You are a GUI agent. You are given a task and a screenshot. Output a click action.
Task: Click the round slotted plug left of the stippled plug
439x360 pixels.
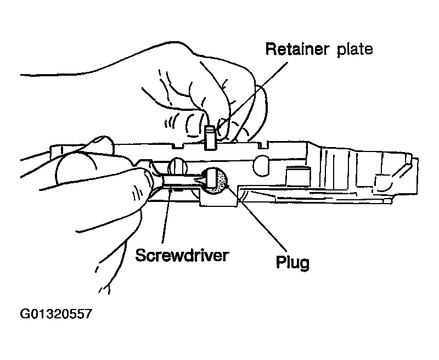click(x=177, y=165)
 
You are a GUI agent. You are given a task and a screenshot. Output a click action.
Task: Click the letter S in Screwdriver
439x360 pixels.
click(x=141, y=256)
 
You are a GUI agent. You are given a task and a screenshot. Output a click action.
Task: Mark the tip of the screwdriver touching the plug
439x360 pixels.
click(x=204, y=179)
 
